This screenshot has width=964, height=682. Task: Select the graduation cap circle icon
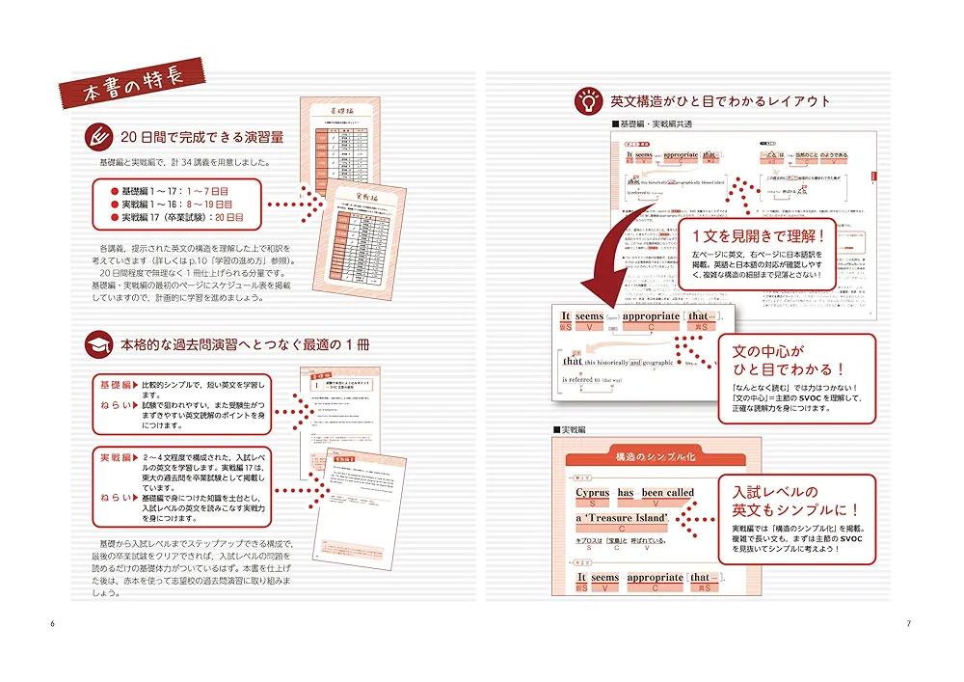point(98,345)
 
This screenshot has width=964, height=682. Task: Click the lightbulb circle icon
point(587,99)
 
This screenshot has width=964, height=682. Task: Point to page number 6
point(52,624)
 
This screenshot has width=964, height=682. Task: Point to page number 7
point(909,624)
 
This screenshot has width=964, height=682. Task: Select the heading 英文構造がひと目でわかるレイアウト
point(720,100)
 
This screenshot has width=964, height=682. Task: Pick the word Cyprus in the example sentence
point(593,493)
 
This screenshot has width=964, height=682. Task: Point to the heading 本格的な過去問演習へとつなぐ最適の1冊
point(246,345)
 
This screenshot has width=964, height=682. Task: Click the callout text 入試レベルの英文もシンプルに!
point(795,501)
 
